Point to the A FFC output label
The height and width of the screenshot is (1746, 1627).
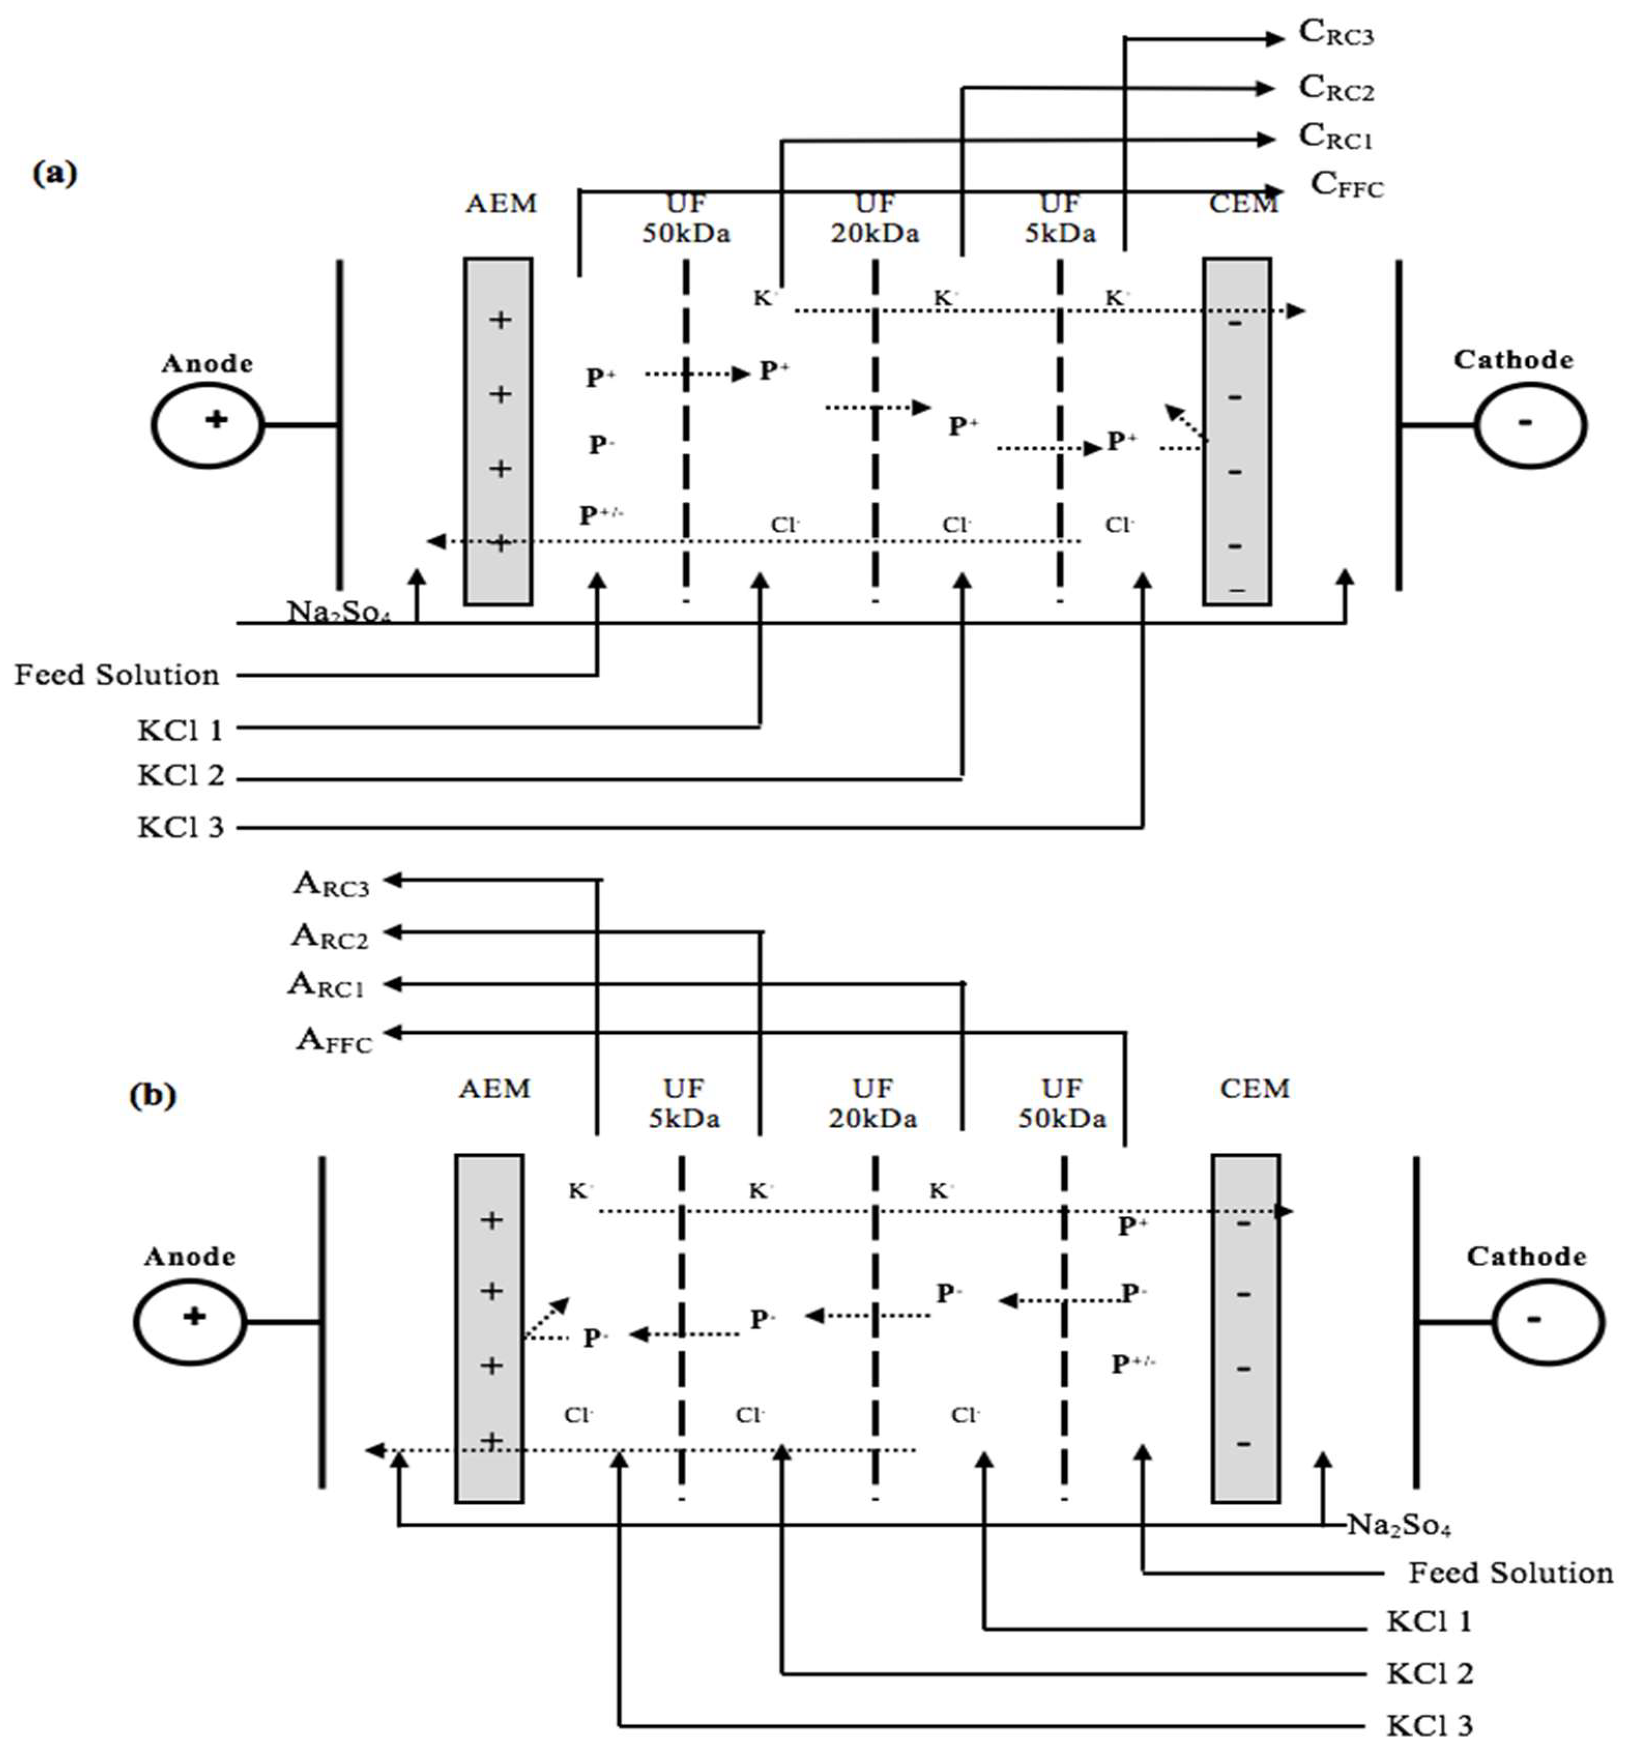click(x=333, y=1040)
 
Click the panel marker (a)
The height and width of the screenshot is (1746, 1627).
click(x=54, y=172)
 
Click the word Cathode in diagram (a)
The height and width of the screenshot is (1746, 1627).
click(x=1512, y=359)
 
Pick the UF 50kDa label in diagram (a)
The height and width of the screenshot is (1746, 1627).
click(x=686, y=219)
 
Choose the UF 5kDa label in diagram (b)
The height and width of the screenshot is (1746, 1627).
click(x=684, y=1103)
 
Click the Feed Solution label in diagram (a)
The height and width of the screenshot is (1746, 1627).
click(x=116, y=674)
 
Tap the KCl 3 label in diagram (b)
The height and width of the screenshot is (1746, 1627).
click(x=1429, y=1724)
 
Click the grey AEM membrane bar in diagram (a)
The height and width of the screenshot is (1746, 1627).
click(x=498, y=430)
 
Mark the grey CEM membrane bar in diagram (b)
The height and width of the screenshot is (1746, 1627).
click(x=1244, y=1328)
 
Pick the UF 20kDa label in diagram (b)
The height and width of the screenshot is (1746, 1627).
click(x=873, y=1103)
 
